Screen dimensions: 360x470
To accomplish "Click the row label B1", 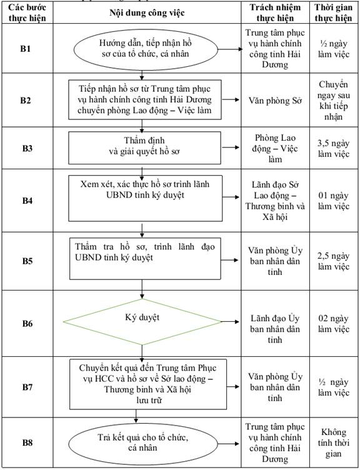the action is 26,49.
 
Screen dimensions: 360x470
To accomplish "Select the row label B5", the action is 27,261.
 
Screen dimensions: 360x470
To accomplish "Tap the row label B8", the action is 27,442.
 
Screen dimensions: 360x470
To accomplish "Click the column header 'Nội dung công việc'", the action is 147,12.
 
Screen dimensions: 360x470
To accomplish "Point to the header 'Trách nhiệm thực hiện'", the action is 275,12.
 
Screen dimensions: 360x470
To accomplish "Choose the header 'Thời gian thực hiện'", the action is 333,12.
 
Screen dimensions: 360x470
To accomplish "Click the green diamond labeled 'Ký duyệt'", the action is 142,322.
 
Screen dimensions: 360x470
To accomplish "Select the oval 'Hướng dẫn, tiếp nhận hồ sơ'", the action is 146,49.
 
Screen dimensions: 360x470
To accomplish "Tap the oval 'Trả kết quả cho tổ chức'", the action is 143,442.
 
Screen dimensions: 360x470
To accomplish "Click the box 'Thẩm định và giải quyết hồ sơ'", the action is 145,147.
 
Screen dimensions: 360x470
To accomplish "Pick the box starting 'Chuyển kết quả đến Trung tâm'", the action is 148,384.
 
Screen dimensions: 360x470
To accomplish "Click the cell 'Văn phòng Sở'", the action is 275,101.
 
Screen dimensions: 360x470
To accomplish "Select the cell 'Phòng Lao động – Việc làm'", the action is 275,148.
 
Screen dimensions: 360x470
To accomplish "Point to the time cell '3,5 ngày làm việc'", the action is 334,148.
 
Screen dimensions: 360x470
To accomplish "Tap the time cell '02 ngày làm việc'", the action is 334,324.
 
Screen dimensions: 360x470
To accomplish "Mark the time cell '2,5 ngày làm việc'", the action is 334,261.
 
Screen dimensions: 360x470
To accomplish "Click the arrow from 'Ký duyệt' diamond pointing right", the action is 231,322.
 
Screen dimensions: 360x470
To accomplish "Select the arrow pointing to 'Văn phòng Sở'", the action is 231,99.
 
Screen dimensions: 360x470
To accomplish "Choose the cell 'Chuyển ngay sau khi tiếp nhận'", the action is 333,101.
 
